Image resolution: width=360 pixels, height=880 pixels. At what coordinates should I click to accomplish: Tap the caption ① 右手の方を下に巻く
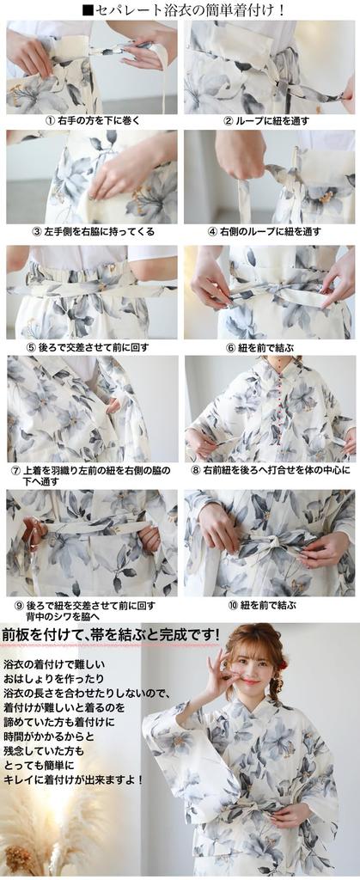93,121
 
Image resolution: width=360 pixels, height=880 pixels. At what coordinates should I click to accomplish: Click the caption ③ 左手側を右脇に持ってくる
93,232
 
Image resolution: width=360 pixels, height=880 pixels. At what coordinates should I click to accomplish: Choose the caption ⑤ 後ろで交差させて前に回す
93,348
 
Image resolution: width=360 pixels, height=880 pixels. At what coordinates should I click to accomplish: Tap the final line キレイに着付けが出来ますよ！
73,779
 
